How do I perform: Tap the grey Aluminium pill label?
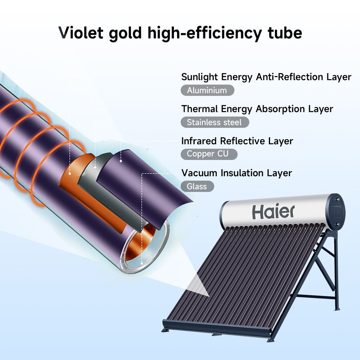[207, 90]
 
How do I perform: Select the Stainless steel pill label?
[214, 122]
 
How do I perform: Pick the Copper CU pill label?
[209, 154]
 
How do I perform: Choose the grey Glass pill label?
[197, 186]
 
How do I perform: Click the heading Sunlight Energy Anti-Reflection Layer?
[266, 77]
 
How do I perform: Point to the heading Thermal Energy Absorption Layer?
[257, 109]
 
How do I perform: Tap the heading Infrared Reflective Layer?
[237, 141]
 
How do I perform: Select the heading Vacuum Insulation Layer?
[237, 173]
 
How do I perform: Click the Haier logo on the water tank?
[273, 212]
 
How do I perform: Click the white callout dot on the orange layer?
[70, 173]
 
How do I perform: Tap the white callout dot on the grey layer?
[95, 166]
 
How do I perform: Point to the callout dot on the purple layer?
[121, 161]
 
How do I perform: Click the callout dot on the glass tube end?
[141, 263]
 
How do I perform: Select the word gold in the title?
[123, 33]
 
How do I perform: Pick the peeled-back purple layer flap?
[146, 184]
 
